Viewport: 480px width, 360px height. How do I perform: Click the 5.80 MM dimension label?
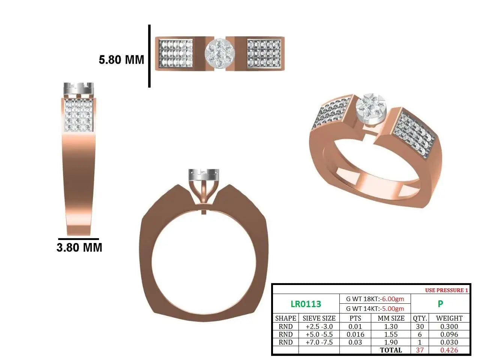point(121,60)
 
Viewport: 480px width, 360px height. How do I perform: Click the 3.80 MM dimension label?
point(79,247)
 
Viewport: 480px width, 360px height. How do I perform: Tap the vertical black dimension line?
point(149,56)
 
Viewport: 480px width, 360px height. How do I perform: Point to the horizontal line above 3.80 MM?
point(78,239)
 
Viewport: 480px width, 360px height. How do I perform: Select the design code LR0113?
point(306,304)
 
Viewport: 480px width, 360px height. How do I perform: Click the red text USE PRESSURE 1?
point(447,290)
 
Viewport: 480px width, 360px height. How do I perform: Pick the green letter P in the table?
point(440,304)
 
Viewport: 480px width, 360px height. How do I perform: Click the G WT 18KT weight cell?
point(375,299)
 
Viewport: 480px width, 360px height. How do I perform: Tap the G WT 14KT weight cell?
point(375,309)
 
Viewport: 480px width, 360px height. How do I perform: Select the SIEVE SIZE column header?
point(319,318)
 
